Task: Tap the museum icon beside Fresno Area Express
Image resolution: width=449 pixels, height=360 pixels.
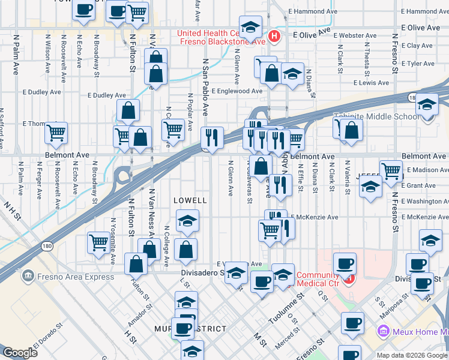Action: click(28, 277)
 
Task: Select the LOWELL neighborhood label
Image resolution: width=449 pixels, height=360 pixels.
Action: click(190, 200)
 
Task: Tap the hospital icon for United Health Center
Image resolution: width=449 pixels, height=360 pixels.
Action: click(274, 37)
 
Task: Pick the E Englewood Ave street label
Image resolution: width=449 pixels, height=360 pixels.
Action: click(236, 91)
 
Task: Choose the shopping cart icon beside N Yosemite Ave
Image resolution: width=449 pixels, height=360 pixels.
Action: click(98, 242)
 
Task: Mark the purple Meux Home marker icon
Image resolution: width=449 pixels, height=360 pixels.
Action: click(382, 331)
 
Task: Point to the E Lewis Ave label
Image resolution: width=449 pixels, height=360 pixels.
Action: click(371, 83)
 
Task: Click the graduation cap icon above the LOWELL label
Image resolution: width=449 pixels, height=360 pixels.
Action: click(187, 222)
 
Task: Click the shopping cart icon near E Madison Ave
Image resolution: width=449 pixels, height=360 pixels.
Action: click(391, 170)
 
